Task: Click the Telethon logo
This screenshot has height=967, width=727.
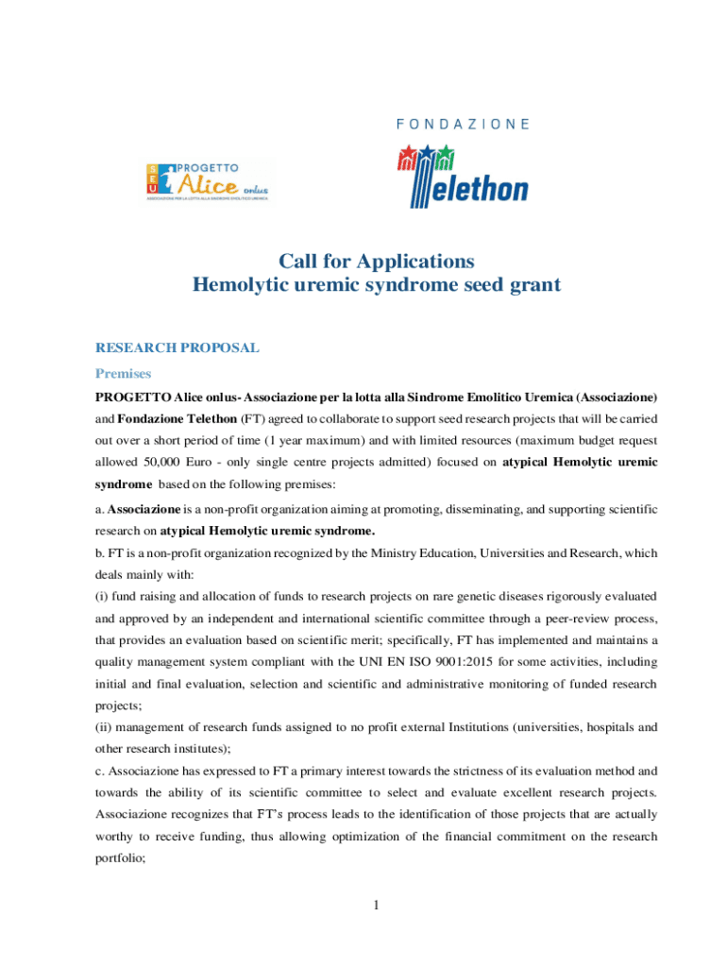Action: (462, 175)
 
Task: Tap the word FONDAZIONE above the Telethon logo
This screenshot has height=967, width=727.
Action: (463, 124)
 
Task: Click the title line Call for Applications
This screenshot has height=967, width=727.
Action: (376, 261)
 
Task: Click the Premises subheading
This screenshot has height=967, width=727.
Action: (123, 373)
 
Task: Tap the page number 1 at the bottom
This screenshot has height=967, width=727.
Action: (376, 907)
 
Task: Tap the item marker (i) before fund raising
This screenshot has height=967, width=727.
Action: (101, 597)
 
